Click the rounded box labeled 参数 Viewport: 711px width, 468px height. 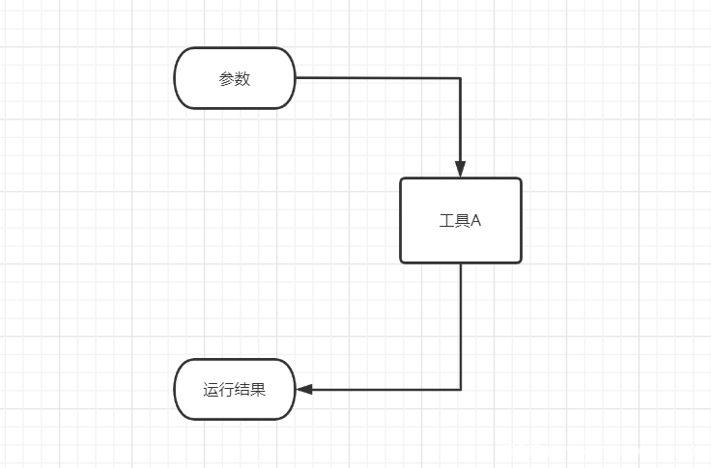[235, 78]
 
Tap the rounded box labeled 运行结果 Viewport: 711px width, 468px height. [235, 390]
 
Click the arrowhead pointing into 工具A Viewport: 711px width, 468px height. [461, 169]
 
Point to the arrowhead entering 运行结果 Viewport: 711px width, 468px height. [305, 390]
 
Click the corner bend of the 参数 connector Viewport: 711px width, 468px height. [461, 78]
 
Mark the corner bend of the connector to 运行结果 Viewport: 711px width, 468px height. [461, 390]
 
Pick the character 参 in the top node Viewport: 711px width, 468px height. [227, 79]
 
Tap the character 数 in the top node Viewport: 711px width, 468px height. [242, 79]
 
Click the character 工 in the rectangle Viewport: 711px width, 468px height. [446, 221]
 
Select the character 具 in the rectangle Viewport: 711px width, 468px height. [462, 221]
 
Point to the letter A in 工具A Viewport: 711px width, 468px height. [475, 221]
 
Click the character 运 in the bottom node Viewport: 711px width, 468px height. [211, 391]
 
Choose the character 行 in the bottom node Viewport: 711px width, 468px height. [226, 391]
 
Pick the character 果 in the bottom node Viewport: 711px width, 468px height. [258, 391]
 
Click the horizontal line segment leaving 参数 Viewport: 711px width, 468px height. [377, 78]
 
